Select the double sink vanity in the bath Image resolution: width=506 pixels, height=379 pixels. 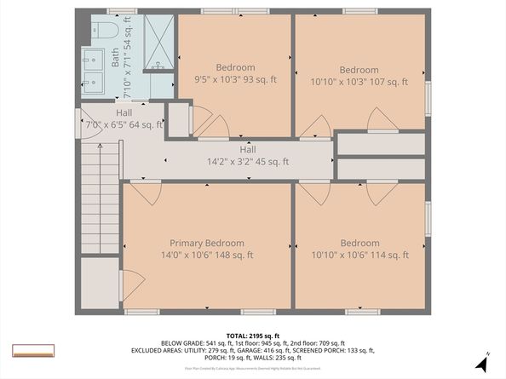tap(93, 71)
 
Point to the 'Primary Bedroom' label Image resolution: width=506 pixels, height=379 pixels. tap(206, 243)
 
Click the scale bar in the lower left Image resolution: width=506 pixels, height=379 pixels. tap(33, 350)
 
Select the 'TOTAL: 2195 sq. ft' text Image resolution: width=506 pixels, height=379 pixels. tap(252, 336)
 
